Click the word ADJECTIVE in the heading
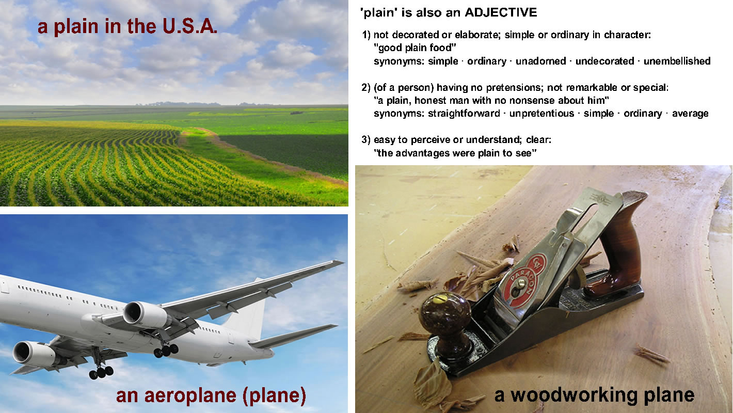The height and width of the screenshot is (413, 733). coord(501,12)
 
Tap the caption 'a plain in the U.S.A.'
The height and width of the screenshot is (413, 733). coord(128,26)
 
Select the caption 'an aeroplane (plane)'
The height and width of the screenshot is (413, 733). coord(211,395)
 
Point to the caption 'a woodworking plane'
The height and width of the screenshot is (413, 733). coord(594,395)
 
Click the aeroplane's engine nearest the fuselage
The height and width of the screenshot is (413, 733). coord(146,315)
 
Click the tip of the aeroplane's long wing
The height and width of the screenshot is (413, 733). coord(343,261)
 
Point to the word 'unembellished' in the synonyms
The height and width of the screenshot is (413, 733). coord(677,61)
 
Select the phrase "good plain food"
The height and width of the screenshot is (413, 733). coord(415,48)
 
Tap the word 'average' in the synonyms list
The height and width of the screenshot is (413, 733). coord(690,114)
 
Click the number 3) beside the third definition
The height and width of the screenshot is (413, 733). coord(366,140)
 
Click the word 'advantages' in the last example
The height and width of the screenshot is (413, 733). coord(421,153)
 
